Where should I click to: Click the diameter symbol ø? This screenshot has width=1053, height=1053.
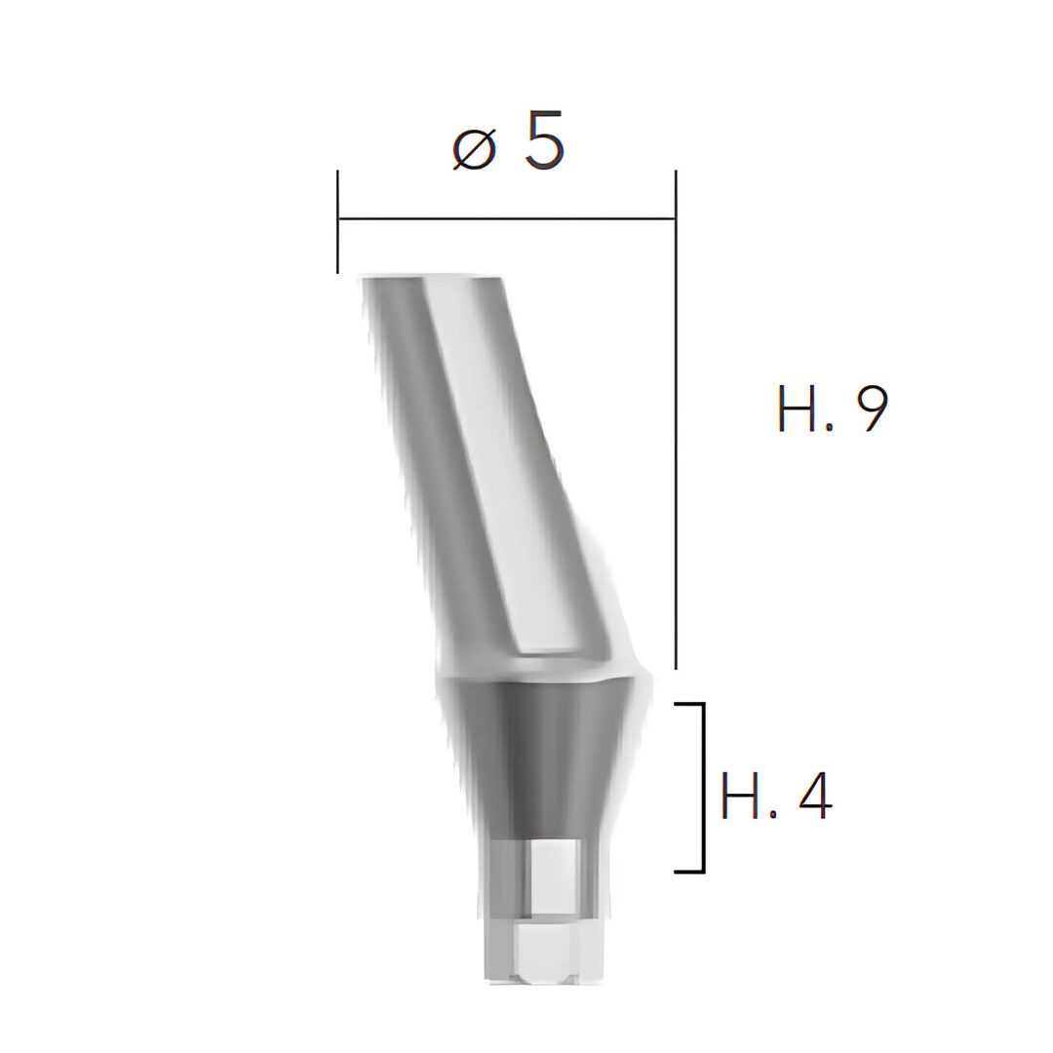pyautogui.click(x=474, y=149)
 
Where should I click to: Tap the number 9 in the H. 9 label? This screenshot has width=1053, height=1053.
pyautogui.click(x=867, y=409)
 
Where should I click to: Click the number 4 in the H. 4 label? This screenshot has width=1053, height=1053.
pyautogui.click(x=809, y=798)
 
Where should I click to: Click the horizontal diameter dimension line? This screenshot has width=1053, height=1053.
pyautogui.click(x=506, y=218)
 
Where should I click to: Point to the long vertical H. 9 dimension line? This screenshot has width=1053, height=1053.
pyautogui.click(x=676, y=419)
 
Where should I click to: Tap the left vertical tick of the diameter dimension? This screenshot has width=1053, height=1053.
pyautogui.click(x=337, y=222)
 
